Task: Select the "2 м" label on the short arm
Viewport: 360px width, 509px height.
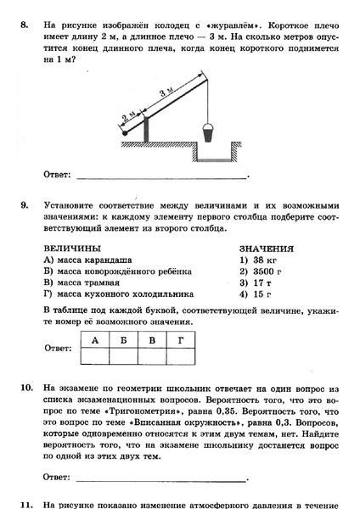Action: [x=130, y=117]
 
